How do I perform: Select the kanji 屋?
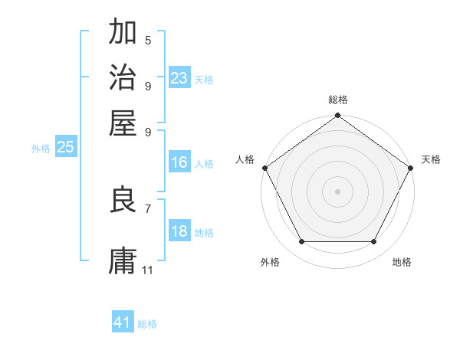pyautogui.click(x=123, y=122)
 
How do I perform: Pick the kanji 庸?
pyautogui.click(x=123, y=260)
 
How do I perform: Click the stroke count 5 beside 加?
pyautogui.click(x=148, y=40)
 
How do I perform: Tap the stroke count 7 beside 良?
pyautogui.click(x=148, y=208)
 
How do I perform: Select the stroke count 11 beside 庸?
pyautogui.click(x=148, y=270)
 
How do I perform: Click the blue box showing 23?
pyautogui.click(x=179, y=78)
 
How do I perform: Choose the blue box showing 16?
pyautogui.click(x=179, y=162)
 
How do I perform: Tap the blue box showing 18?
pyautogui.click(x=179, y=231)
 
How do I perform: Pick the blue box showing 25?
pyautogui.click(x=65, y=148)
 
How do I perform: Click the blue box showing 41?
pyautogui.click(x=123, y=322)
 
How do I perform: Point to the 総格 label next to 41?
pyautogui.click(x=147, y=324)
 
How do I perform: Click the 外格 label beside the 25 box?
pyautogui.click(x=41, y=149)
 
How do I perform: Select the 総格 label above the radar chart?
pyautogui.click(x=337, y=100)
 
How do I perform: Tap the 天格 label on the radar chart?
pyautogui.click(x=432, y=159)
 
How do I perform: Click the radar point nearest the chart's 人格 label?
pyautogui.click(x=264, y=168)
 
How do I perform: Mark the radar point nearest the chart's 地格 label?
pyautogui.click(x=374, y=242)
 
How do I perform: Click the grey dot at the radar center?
pyautogui.click(x=337, y=191)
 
